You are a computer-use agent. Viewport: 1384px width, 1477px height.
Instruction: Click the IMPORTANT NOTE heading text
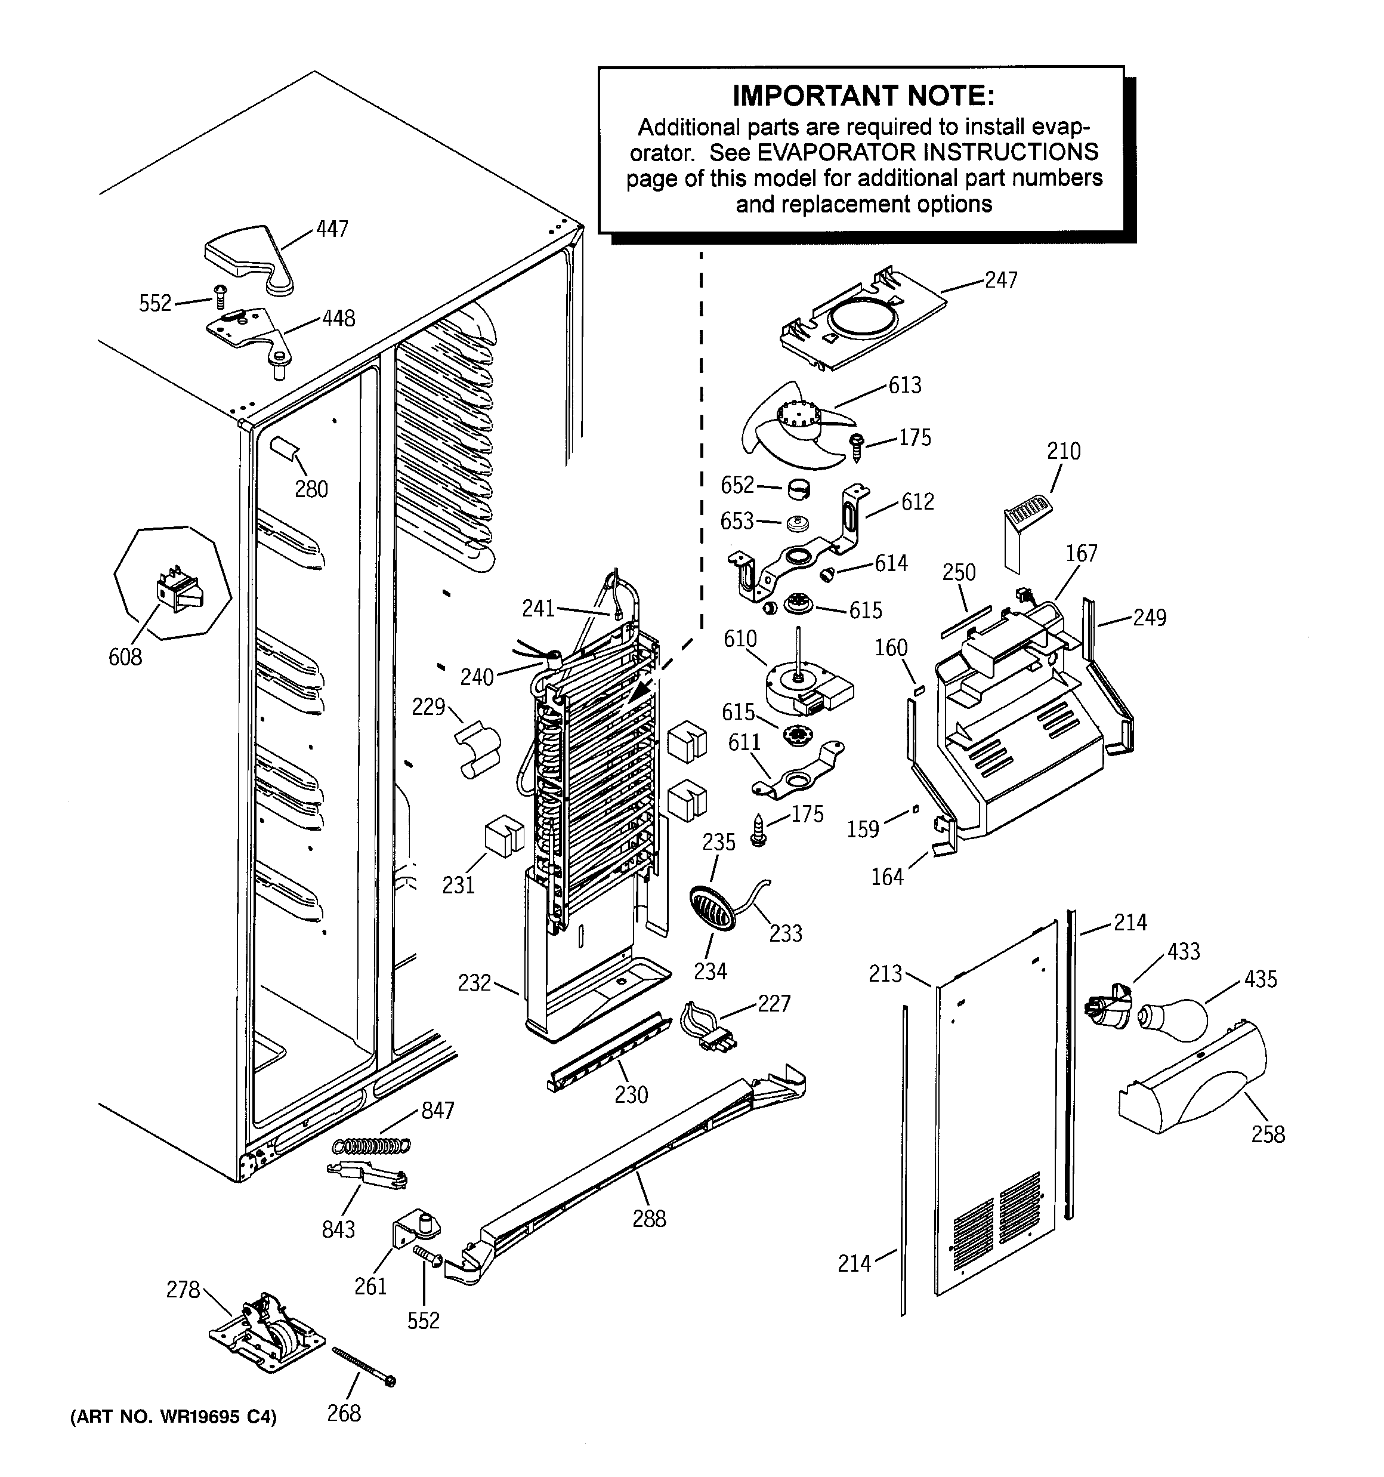click(863, 96)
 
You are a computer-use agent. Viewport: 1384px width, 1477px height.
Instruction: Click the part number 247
click(1000, 280)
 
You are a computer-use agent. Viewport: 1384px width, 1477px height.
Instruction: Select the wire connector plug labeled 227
click(709, 1028)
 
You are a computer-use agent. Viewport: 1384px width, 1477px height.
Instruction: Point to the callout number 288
click(648, 1219)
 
